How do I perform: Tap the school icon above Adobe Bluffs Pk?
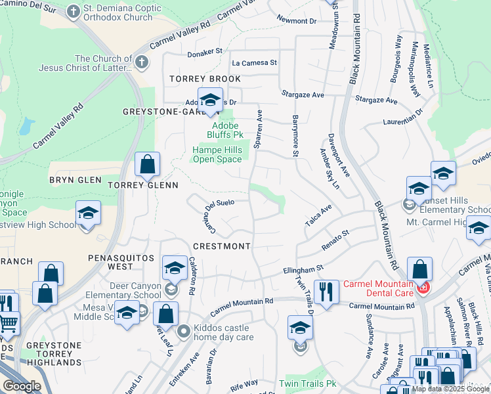tap(210, 100)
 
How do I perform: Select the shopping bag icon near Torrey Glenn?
tap(148, 164)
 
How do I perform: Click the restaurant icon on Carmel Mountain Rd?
tap(326, 291)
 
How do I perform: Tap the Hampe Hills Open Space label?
tap(217, 154)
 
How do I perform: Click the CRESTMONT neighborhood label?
tap(222, 246)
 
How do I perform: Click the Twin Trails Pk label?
tap(307, 383)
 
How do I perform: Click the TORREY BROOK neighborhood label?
tap(205, 79)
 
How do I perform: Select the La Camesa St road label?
tap(255, 63)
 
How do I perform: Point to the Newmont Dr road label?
tap(297, 21)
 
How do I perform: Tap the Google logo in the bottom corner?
tap(22, 386)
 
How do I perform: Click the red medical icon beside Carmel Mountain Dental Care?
tap(423, 288)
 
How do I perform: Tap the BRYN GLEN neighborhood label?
tap(75, 180)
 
